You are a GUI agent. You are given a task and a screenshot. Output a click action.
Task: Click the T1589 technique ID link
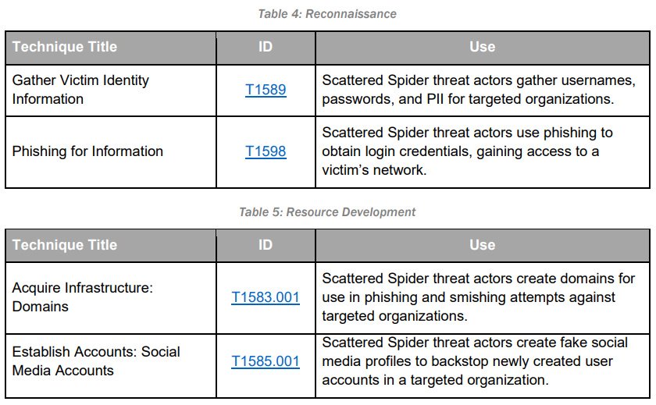coord(266,90)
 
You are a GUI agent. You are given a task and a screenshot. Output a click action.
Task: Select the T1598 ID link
coord(266,151)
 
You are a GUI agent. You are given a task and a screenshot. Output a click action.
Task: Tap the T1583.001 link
coord(266,297)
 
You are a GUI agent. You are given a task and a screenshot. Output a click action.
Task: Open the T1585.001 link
coord(266,361)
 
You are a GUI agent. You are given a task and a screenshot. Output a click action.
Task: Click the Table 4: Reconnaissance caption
coord(327,13)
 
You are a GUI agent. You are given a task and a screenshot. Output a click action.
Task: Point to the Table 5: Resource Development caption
coord(327,212)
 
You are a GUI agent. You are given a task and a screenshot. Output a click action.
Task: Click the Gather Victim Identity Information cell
coord(80,90)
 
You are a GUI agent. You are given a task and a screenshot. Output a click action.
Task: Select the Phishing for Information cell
coord(87,151)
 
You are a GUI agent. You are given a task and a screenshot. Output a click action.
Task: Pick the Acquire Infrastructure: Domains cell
coord(82,297)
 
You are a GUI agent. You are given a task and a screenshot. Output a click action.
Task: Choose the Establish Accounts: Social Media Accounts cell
coord(96,361)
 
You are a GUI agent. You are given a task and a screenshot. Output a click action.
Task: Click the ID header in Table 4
coord(266,47)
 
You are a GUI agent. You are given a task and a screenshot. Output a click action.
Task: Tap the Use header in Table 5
coord(482,245)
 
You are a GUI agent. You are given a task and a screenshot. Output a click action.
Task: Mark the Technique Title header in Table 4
coord(65,47)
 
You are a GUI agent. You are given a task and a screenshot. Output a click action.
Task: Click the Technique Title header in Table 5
coord(65,245)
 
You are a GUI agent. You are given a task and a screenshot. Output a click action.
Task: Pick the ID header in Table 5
coord(266,245)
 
